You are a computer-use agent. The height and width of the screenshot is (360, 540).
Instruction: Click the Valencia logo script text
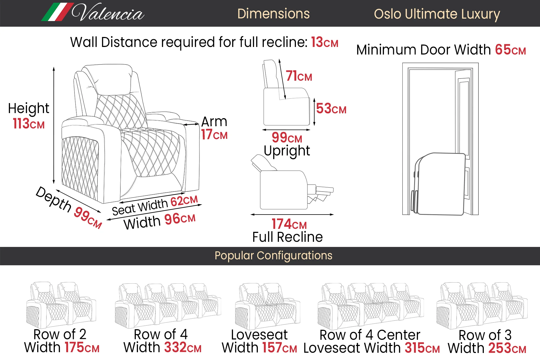click(x=108, y=13)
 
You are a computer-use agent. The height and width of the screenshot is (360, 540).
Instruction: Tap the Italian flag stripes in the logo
click(x=57, y=12)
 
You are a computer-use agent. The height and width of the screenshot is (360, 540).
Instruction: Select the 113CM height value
click(x=29, y=124)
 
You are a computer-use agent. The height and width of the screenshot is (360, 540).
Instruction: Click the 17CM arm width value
click(x=214, y=134)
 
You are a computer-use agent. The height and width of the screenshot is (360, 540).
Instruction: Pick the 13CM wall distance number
click(x=324, y=43)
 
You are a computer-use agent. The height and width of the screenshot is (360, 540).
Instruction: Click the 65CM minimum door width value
click(x=510, y=50)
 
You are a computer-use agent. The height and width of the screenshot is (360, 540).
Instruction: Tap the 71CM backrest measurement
click(x=299, y=76)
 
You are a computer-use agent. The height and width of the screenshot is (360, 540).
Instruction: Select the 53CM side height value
click(x=331, y=109)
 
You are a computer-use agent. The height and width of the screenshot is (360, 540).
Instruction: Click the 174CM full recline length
click(x=289, y=224)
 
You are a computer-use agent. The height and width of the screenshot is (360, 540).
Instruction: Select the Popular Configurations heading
click(x=273, y=256)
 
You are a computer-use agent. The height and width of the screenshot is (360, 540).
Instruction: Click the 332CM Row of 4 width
click(x=183, y=348)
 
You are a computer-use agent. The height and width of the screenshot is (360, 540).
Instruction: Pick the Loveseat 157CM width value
click(x=279, y=348)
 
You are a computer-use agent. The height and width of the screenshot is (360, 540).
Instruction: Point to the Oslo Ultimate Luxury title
click(x=437, y=14)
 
